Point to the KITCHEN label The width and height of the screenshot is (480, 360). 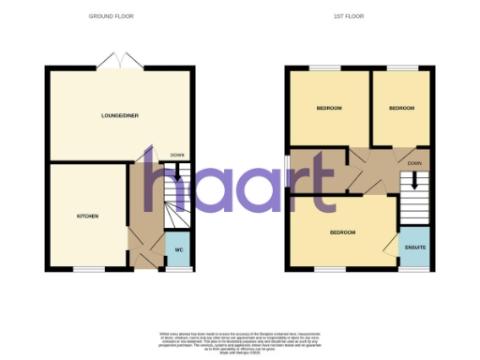coord(87,216)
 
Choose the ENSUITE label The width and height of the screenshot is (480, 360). coord(413,247)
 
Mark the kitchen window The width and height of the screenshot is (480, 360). coord(87,270)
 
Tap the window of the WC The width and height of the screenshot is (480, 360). coord(177,270)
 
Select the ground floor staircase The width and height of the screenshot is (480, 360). coord(176,195)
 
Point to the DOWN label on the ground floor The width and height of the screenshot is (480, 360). coord(177,156)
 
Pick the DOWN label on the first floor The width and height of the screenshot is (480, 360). coord(413,161)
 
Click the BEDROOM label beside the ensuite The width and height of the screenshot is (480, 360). coord(343,232)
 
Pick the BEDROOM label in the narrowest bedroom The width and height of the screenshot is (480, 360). coord(402,109)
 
